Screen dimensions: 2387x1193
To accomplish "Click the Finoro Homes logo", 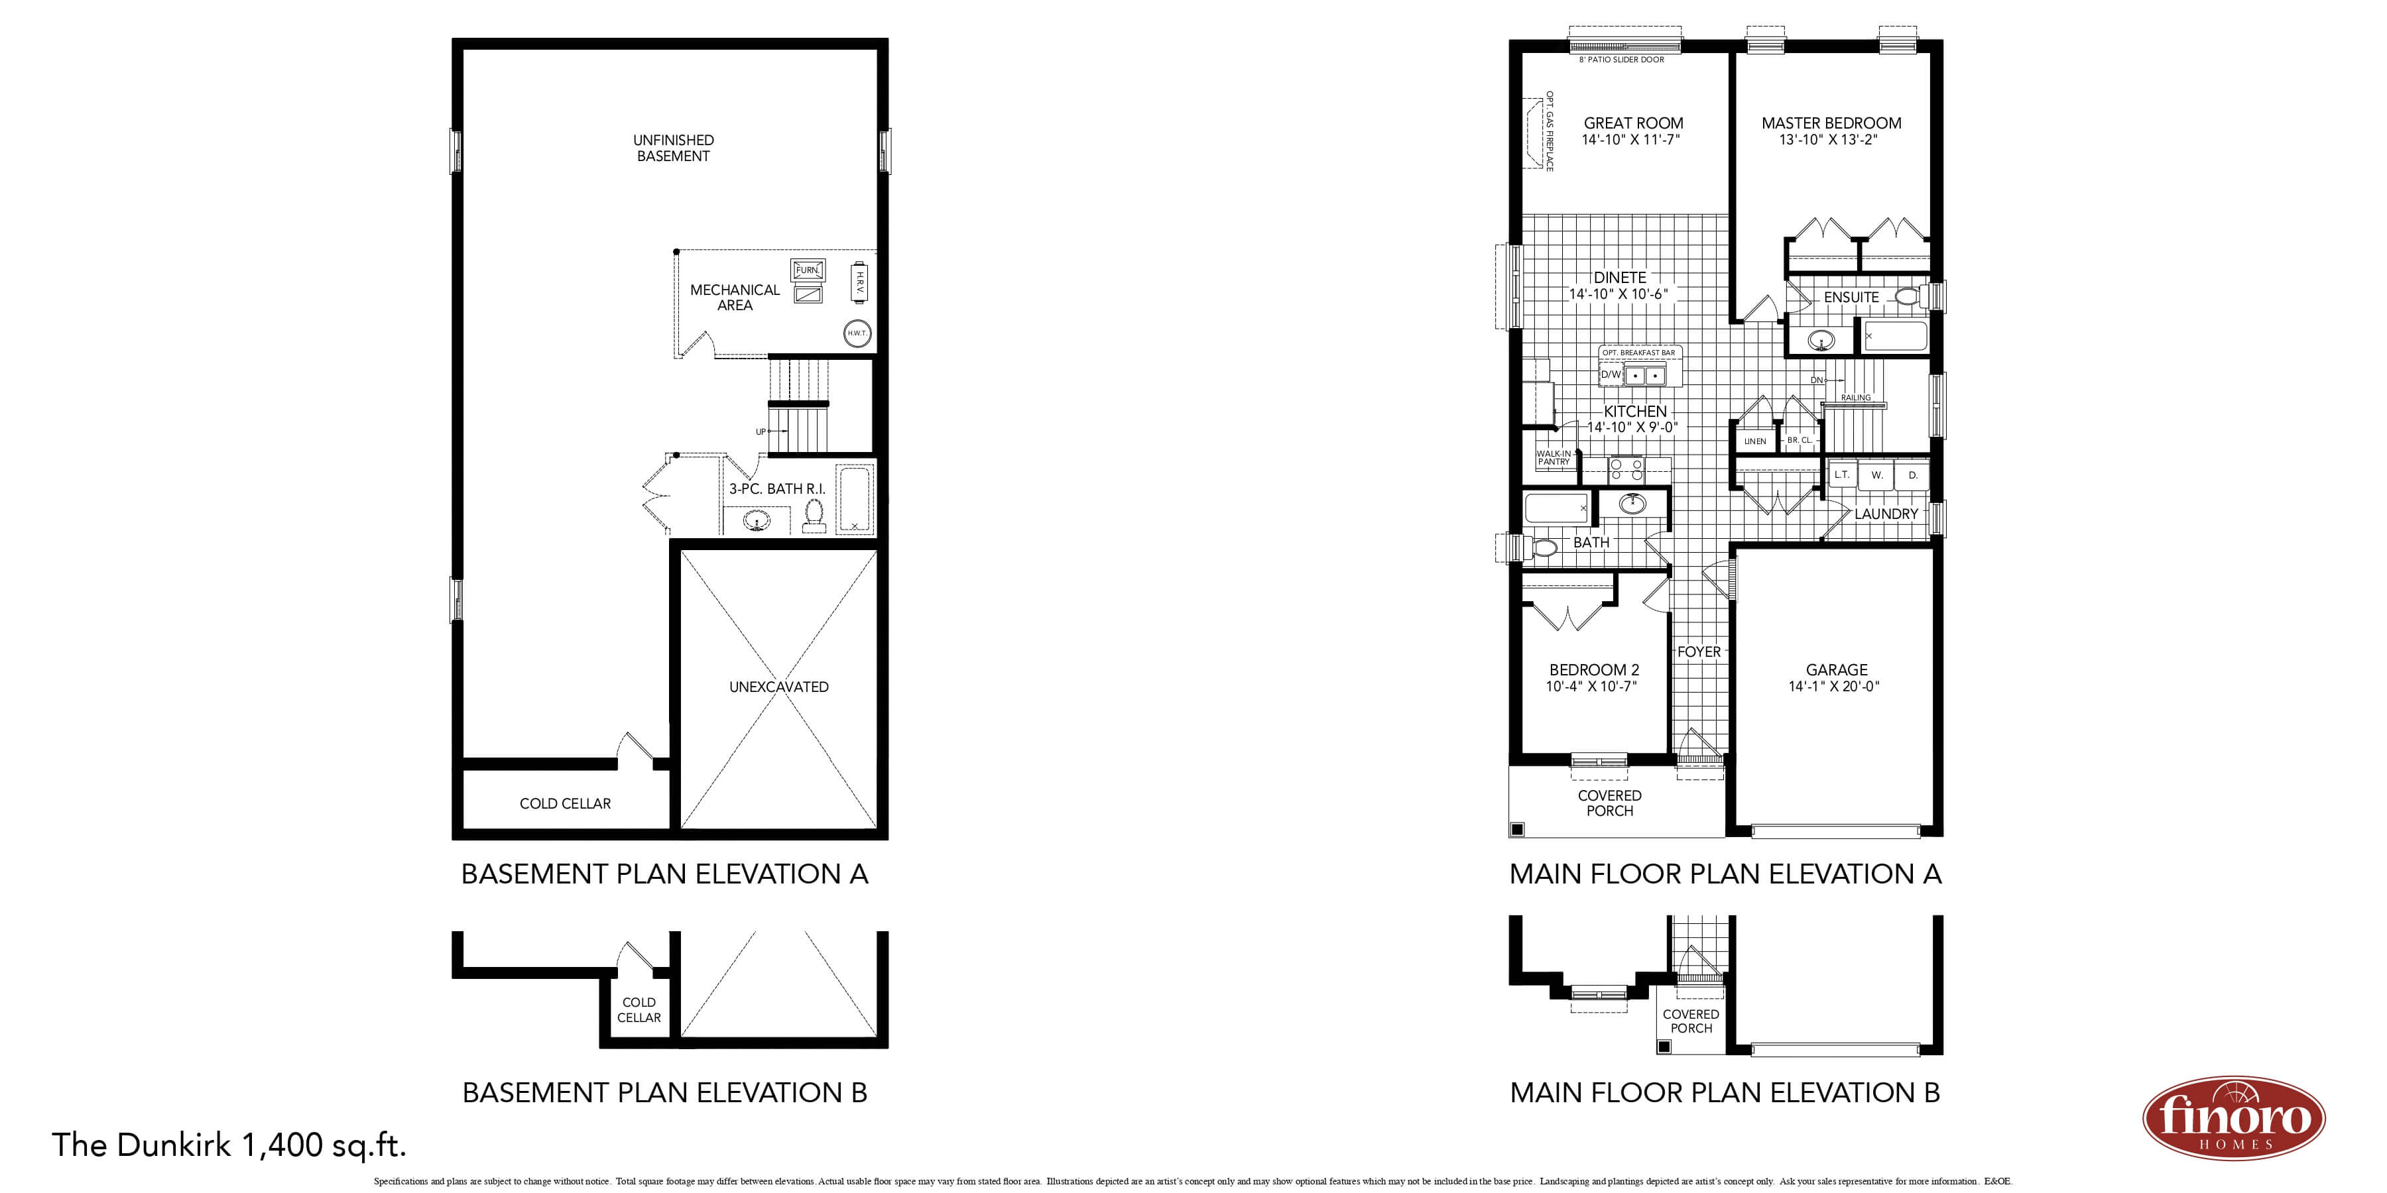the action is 2233,1118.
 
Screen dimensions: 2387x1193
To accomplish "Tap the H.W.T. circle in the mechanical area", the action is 857,333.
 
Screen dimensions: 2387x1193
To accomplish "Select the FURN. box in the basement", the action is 807,270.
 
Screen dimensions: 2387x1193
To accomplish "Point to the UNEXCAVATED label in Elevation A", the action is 778,687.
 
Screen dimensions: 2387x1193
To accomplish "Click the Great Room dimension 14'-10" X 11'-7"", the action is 1631,140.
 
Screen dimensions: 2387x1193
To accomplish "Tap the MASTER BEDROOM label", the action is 1831,123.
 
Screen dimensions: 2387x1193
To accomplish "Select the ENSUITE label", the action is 1851,298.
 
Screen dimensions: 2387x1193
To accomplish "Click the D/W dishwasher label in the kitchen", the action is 1611,375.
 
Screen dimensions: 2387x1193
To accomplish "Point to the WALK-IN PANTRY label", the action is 1554,457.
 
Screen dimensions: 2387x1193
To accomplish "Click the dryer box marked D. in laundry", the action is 1912,475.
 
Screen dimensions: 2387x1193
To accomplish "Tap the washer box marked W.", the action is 1876,475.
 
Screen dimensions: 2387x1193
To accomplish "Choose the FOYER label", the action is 1699,652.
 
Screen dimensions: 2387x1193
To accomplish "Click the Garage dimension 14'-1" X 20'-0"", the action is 1834,687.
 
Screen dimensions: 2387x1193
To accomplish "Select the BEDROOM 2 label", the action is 1594,669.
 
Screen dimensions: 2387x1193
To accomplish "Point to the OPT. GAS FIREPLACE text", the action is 1550,131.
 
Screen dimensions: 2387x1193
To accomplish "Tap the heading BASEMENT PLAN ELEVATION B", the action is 664,1093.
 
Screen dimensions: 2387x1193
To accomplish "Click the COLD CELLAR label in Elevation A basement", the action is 565,804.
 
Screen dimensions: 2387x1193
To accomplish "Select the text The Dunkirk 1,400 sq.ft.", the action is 229,1146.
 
